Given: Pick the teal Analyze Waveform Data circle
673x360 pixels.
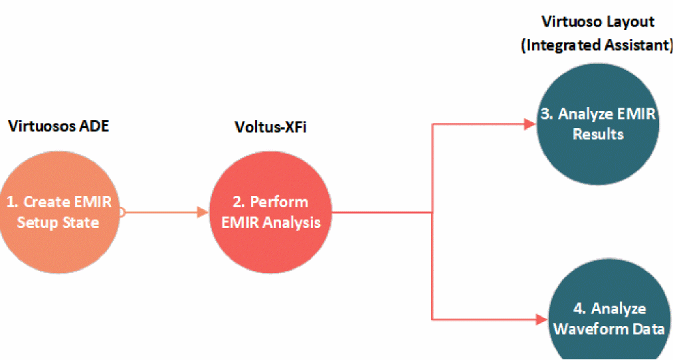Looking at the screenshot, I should (609, 312).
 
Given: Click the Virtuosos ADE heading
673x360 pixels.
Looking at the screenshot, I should (58, 126).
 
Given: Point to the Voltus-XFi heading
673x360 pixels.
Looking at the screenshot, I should (271, 126).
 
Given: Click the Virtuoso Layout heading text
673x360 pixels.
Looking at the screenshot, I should (598, 21).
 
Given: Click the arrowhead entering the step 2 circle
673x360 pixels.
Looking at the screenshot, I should (203, 213).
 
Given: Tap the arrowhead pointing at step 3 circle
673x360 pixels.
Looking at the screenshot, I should (531, 124).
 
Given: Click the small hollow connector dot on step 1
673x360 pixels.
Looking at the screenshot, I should (121, 213).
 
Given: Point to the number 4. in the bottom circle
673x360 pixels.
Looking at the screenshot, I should (579, 309).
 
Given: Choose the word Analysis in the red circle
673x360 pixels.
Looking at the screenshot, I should (292, 222).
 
